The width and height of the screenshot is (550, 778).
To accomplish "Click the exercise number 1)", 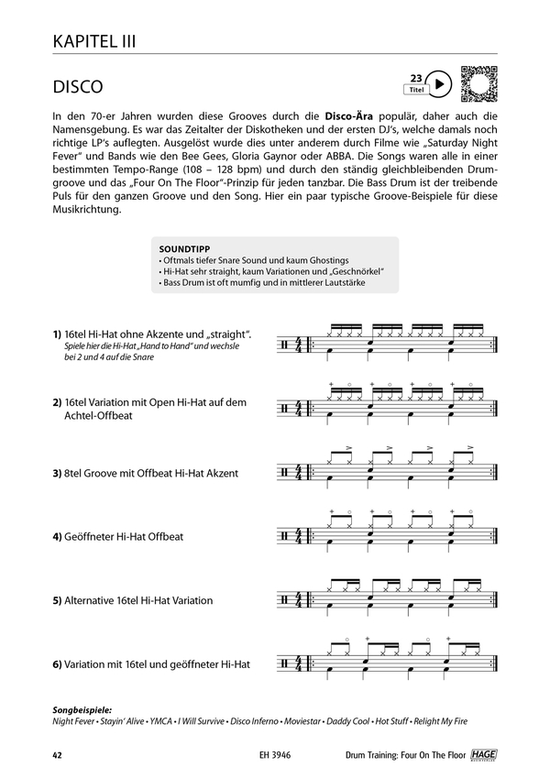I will [57, 334].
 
